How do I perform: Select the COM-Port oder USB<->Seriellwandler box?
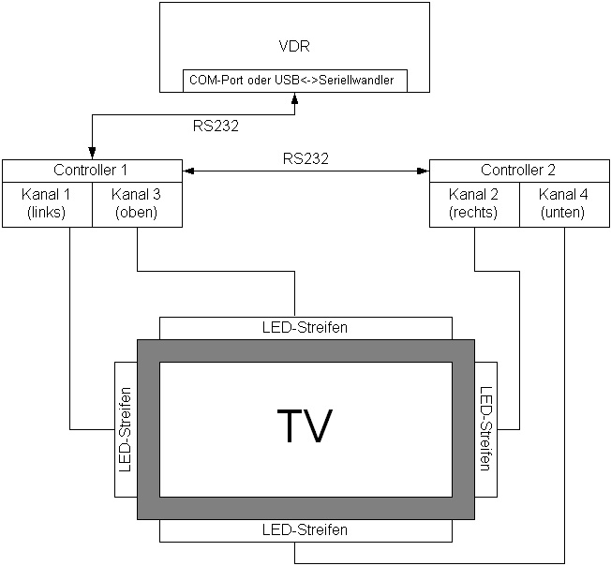(295, 80)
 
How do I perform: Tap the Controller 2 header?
(518, 170)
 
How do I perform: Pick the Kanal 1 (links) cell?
(47, 203)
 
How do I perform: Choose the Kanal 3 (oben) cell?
(137, 203)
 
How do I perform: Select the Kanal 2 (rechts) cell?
(473, 203)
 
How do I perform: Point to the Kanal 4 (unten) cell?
(563, 203)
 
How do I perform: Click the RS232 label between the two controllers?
(305, 158)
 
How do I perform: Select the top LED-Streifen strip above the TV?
(305, 328)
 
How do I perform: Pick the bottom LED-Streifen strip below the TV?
(305, 530)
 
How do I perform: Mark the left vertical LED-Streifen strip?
(126, 429)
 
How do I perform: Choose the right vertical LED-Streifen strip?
(485, 429)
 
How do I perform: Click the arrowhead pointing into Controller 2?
(423, 171)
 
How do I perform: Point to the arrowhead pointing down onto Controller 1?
(93, 154)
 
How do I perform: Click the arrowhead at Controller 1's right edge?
(187, 171)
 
